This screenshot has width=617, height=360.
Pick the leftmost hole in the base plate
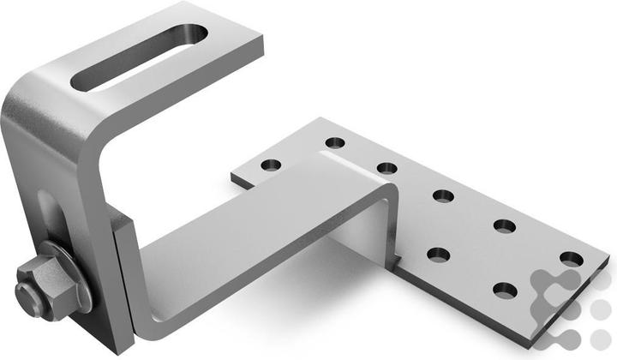tap(272, 165)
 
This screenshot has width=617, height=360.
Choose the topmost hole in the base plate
tap(335, 142)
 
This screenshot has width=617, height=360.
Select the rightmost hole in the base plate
tap(572, 258)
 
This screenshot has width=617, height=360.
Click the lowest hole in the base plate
tap(506, 290)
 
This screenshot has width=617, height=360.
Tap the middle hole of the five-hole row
tap(443, 196)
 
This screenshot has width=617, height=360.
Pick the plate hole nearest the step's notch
tap(439, 255)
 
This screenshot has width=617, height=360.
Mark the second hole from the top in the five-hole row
tap(386, 168)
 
